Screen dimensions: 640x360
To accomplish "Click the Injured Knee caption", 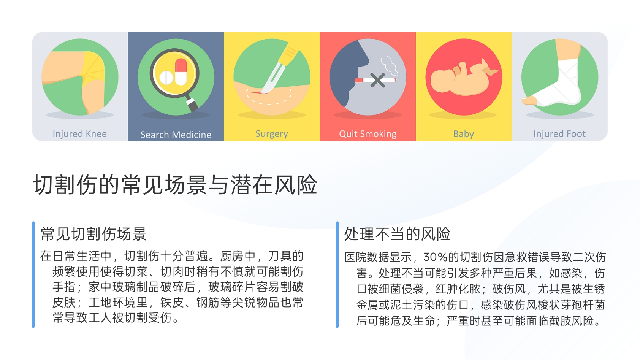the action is (79, 134).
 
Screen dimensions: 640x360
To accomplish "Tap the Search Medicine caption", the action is (176, 135).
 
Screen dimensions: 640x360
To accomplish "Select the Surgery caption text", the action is (272, 134).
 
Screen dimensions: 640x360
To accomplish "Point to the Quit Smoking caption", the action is (368, 134).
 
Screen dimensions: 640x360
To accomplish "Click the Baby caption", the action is (463, 134).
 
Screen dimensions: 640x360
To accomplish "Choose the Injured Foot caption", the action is (559, 134).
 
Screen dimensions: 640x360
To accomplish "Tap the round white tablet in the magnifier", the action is (166, 78).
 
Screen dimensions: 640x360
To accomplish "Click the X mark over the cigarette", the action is (377, 80).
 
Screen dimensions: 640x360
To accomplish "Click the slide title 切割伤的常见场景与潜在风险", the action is (175, 185).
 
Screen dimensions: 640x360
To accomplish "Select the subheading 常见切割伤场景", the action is (94, 234).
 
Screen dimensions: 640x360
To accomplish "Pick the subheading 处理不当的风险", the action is (398, 234).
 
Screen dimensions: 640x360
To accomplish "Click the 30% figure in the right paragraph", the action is (436, 257).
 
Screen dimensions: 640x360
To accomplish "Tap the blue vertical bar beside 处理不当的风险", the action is (337, 274).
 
